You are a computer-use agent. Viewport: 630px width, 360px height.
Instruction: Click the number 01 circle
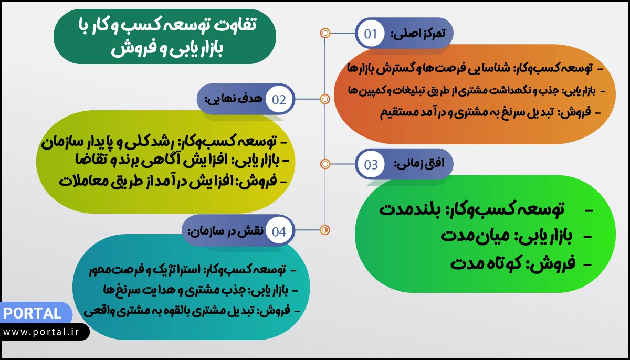point(371,34)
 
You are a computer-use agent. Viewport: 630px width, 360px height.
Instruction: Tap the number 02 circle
point(279,100)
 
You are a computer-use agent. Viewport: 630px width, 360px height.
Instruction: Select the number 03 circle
point(371,165)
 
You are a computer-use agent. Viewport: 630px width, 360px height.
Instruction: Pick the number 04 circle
point(279,231)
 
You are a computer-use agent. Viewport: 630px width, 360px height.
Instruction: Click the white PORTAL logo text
point(32,314)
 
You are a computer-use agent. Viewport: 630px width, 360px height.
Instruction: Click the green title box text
point(165,37)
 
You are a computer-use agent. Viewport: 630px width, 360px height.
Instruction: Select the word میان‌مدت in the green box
point(467,236)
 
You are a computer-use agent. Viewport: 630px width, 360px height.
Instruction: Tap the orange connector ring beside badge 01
point(325,34)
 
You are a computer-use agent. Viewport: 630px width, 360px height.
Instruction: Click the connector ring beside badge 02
point(325,99)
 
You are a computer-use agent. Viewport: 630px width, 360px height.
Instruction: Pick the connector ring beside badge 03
point(325,164)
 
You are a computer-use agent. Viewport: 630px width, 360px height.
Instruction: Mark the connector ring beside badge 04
point(325,229)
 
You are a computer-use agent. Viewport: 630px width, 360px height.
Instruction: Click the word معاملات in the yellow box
point(87,181)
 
